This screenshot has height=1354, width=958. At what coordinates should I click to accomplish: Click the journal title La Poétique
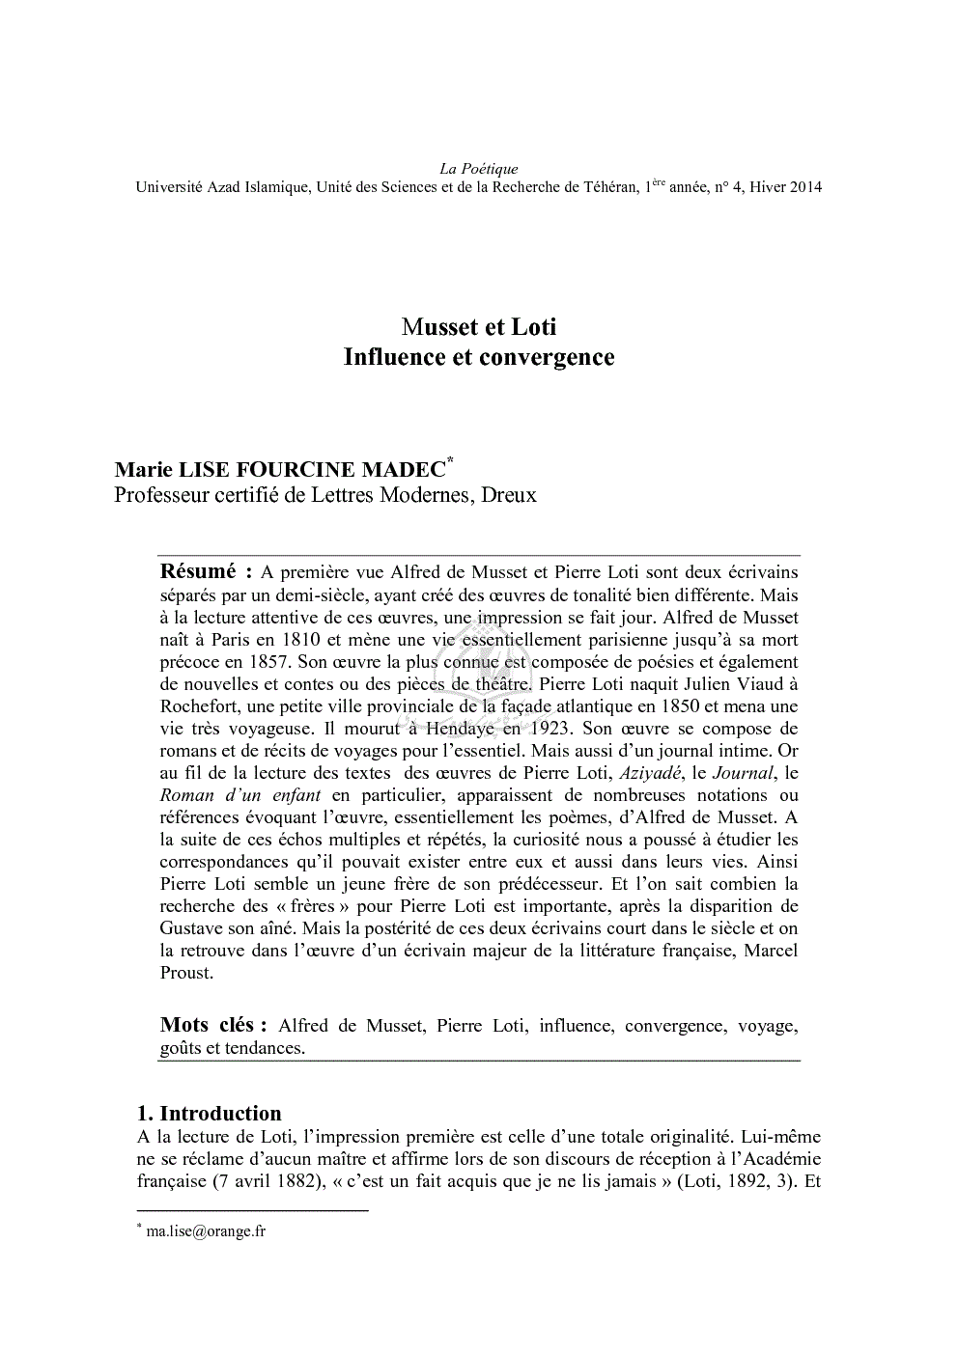pos(478,169)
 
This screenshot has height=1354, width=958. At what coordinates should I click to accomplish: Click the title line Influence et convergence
pos(478,357)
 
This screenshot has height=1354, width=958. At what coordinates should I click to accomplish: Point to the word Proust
pos(184,972)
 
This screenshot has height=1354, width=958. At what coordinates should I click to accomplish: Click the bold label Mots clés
pos(207,1025)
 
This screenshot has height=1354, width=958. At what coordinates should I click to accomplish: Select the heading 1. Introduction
pos(210,1114)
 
